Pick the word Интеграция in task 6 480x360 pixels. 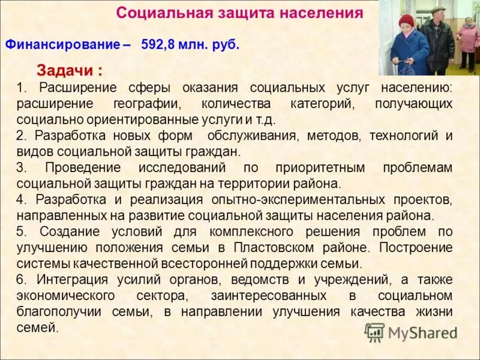point(71,279)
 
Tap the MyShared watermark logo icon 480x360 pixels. point(374,332)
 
